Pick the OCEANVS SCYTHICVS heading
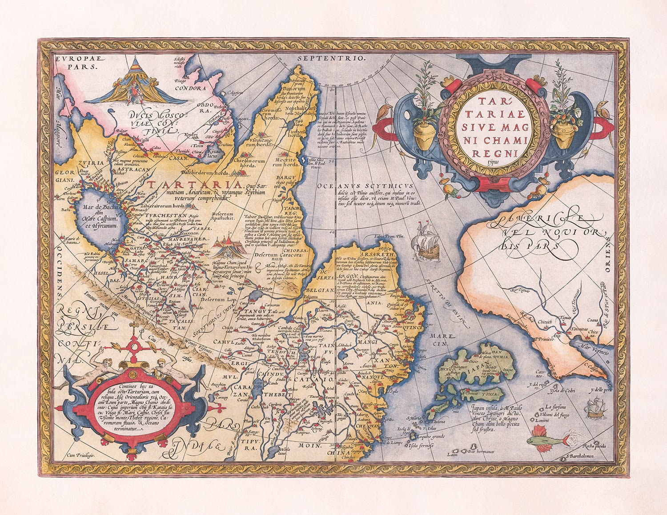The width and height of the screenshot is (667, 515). tap(366, 186)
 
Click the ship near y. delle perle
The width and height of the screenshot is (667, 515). tap(594, 407)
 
